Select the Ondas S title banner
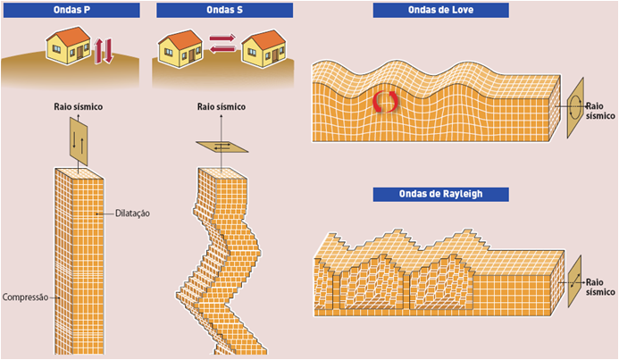coord(224,11)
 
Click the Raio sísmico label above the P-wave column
coord(79,107)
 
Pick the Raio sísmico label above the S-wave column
coord(222,107)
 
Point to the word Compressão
coord(27,297)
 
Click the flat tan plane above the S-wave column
coord(221,146)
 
